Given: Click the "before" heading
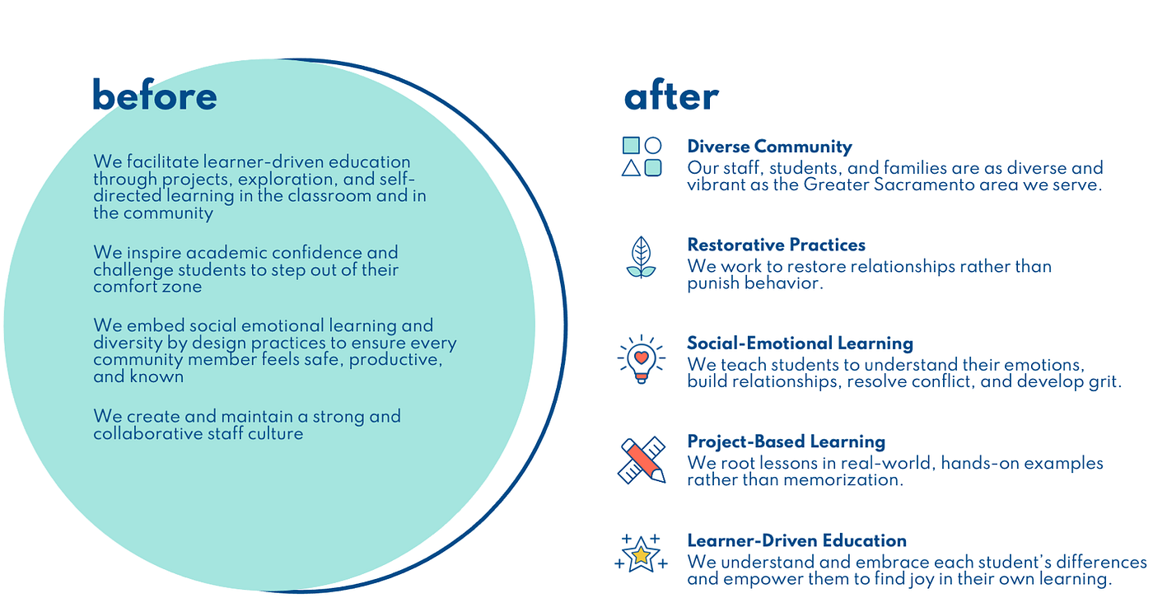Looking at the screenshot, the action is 155,96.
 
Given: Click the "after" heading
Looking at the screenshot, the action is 671,96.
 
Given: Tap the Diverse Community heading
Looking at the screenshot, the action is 769,147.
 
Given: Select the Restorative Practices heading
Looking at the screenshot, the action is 776,245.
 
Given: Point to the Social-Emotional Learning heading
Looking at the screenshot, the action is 800,343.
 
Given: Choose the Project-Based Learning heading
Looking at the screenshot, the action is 786,441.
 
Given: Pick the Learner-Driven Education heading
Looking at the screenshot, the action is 796,540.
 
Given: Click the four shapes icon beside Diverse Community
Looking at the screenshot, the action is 642,157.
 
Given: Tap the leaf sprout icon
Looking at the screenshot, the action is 641,257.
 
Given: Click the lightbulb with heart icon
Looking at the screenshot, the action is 641,358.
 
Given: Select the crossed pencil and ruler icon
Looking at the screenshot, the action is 641,460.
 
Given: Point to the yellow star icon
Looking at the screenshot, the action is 641,554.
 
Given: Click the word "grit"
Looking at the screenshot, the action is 1104,381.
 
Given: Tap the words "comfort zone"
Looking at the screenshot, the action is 147,287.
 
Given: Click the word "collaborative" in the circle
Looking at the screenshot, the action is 142,433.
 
